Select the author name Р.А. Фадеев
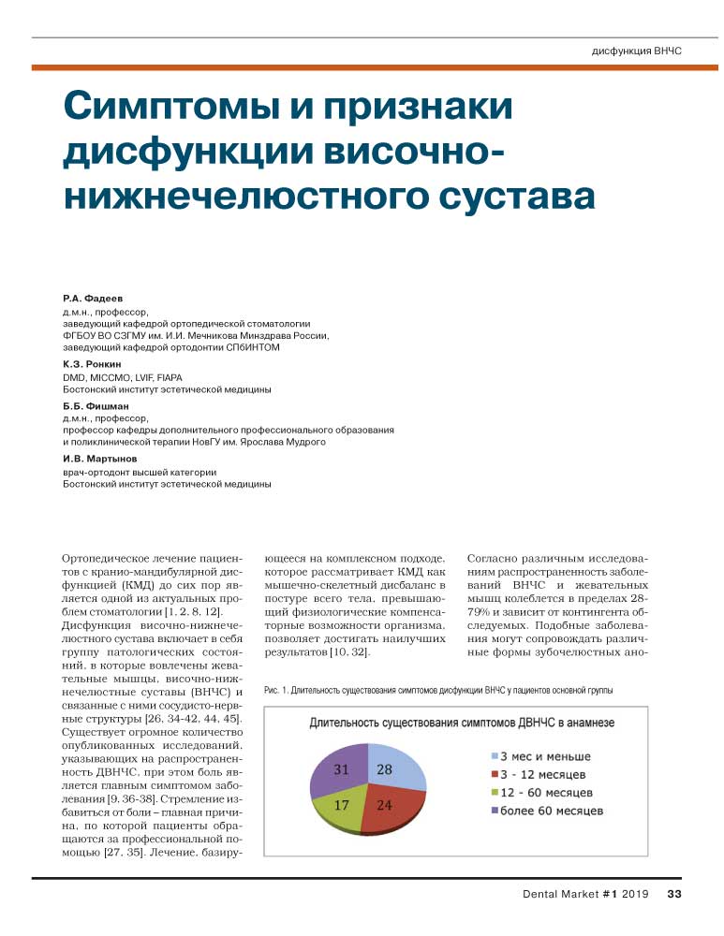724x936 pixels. [x=92, y=296]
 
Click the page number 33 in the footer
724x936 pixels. [x=673, y=893]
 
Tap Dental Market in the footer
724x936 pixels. [x=559, y=893]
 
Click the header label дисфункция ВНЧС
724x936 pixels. [x=636, y=50]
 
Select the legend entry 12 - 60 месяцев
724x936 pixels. [x=545, y=793]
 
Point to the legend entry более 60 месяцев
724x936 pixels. [x=549, y=811]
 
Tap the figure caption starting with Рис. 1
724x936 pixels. [x=440, y=691]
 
